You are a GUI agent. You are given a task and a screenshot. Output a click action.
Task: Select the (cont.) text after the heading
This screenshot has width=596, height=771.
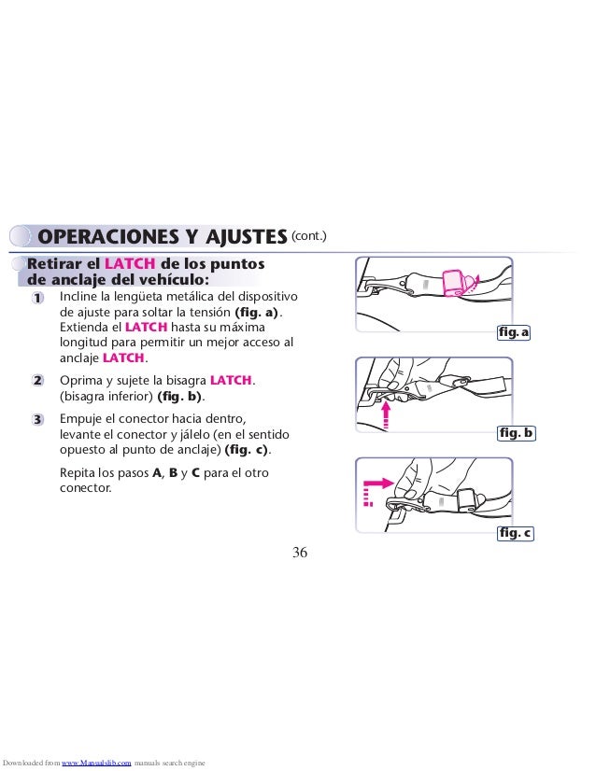309,235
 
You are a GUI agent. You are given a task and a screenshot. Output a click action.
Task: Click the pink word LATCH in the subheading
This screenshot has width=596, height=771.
130,263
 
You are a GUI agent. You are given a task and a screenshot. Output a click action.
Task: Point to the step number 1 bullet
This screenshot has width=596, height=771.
37,298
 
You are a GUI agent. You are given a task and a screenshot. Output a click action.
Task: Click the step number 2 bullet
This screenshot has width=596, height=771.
37,381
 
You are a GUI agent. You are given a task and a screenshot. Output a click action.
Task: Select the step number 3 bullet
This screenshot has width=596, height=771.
37,419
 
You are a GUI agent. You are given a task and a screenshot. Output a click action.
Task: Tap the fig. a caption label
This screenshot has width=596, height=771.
514,332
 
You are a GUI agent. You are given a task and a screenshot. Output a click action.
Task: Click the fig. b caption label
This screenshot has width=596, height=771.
516,433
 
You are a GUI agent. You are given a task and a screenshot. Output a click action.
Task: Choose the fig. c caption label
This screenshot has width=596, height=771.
516,533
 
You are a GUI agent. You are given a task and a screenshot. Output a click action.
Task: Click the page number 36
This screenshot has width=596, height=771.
300,553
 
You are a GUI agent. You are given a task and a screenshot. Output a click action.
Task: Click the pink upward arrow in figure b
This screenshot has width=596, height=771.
387,415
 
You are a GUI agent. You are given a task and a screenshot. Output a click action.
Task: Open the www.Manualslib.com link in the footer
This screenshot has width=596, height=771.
96,763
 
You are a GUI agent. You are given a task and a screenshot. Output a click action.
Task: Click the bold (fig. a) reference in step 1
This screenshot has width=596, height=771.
256,313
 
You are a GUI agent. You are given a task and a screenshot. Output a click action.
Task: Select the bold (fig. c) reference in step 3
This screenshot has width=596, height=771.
246,450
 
